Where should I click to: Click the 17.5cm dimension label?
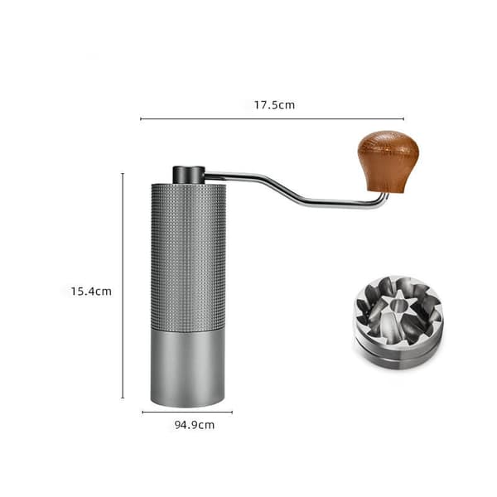click(274, 105)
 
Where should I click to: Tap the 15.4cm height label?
click(91, 292)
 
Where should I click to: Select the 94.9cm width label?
click(195, 425)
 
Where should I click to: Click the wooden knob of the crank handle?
click(388, 161)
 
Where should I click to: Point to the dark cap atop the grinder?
click(189, 175)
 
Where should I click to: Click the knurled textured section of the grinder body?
click(188, 256)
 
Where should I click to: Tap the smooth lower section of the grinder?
click(188, 368)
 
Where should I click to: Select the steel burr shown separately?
click(398, 322)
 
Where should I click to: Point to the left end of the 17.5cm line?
click(141, 118)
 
